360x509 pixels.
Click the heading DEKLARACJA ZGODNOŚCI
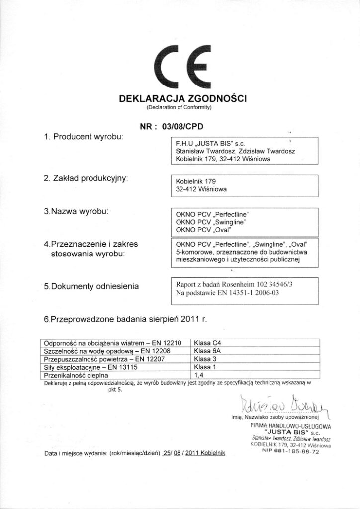(x=180, y=99)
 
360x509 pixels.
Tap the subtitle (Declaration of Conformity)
(x=180, y=108)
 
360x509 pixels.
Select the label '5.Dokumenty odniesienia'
(x=91, y=286)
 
